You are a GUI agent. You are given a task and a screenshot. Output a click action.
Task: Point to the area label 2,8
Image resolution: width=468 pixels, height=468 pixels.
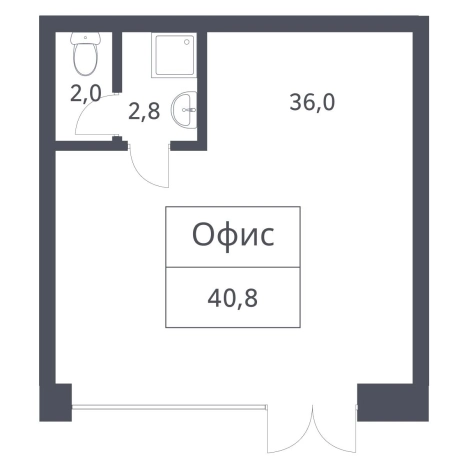click(x=144, y=110)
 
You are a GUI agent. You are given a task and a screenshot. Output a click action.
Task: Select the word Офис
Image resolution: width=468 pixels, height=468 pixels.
click(x=233, y=238)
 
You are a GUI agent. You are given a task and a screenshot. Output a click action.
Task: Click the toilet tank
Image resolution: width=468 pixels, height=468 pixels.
click(x=87, y=41)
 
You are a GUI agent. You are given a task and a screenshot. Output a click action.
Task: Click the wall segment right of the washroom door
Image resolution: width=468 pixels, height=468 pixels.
click(x=184, y=145)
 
